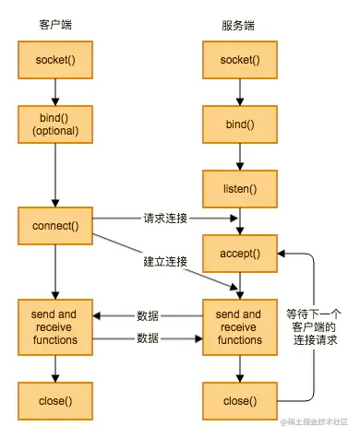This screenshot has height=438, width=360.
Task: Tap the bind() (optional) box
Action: [55, 124]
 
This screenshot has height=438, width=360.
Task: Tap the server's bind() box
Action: [240, 124]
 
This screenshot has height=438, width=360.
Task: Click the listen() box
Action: [240, 188]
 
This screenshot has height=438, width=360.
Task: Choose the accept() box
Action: [240, 254]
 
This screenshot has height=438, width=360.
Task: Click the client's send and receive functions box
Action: [55, 326]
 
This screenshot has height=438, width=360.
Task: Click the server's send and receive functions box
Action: [240, 326]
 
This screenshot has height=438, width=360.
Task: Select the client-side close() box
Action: [55, 401]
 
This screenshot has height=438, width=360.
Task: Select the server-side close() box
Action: [240, 401]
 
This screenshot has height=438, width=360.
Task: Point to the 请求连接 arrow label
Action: [163, 219]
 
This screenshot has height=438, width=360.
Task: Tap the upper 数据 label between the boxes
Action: [148, 314]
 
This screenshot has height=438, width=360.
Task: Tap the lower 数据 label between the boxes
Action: [148, 338]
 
